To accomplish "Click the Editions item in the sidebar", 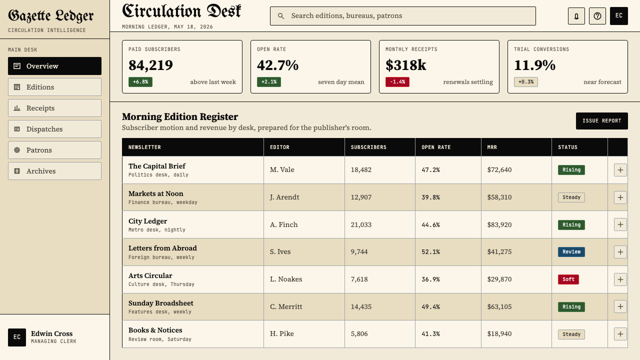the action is [54, 87].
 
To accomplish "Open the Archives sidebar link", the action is [54, 171].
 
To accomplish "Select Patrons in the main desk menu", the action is [54, 150].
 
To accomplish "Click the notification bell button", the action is [576, 16].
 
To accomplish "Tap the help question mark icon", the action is [597, 16].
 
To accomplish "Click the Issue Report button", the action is [601, 121].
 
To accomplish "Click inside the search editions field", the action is [403, 16].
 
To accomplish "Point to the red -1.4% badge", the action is [397, 82].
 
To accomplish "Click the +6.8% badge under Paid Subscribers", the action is [140, 82].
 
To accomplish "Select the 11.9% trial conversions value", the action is [534, 65].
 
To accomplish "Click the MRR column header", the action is [492, 147].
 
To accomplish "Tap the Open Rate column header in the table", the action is [436, 147].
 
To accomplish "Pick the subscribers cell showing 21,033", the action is [361, 225].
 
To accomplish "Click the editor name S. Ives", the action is [280, 251].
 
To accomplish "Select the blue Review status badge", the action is [571, 252].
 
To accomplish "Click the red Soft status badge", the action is [568, 279].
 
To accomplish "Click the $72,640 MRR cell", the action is [499, 169].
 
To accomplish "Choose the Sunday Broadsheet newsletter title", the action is [161, 303].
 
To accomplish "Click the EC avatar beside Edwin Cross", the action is [17, 337].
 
